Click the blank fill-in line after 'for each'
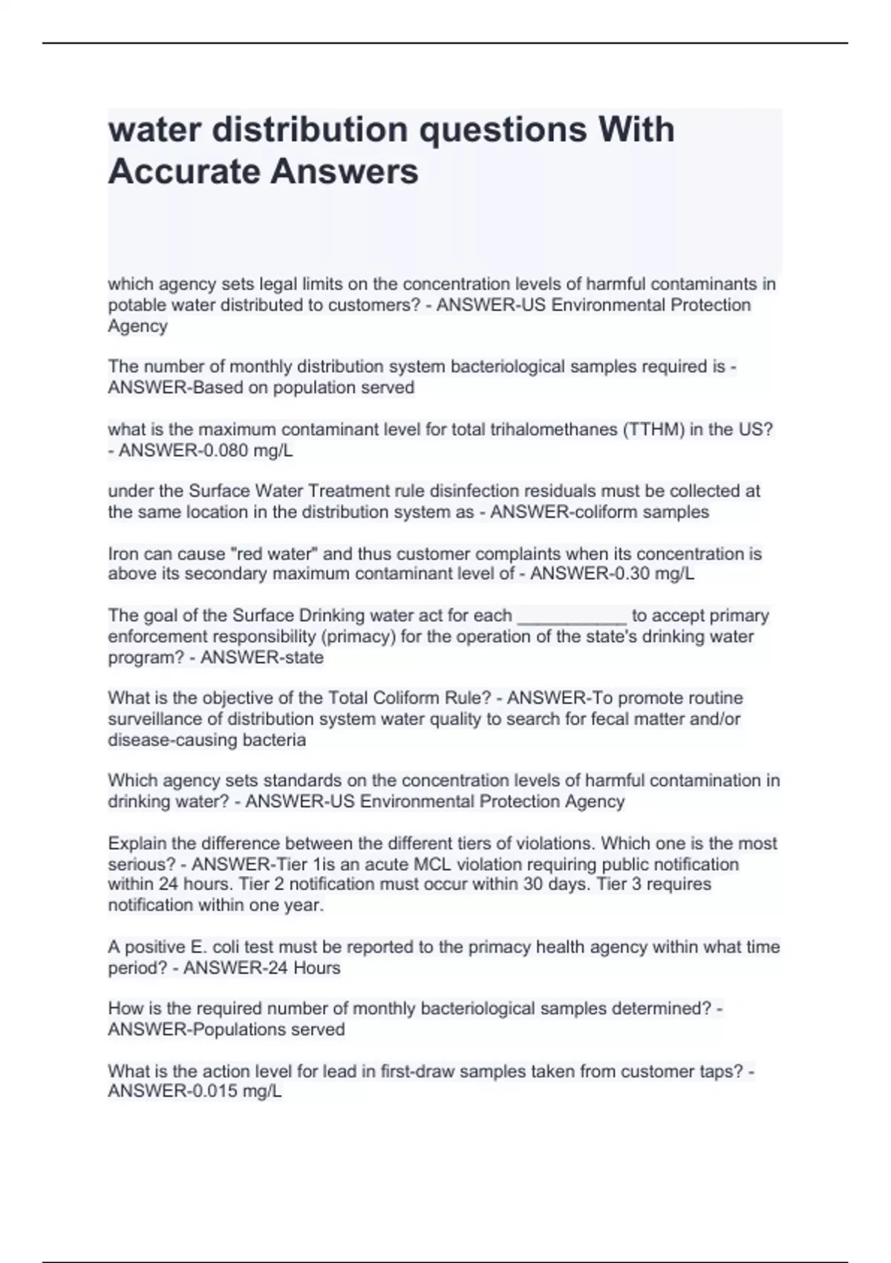[571, 616]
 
